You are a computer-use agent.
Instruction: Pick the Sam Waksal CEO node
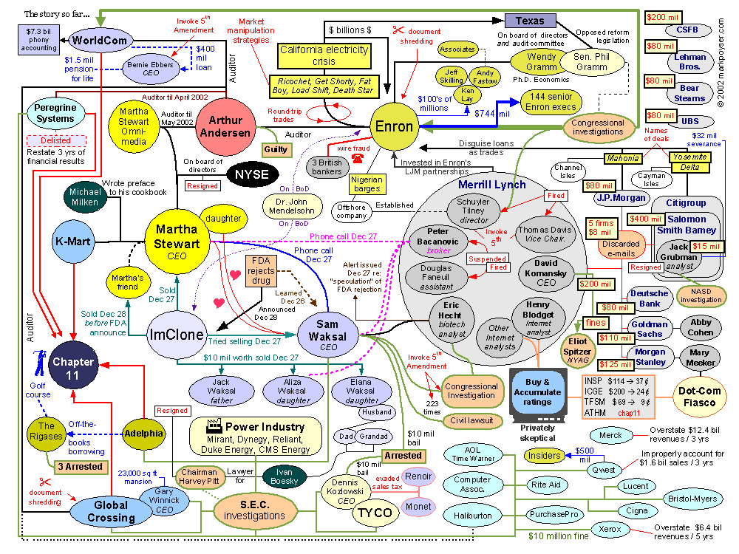point(328,334)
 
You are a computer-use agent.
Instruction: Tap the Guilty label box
point(276,149)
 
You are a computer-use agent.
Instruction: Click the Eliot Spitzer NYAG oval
point(579,347)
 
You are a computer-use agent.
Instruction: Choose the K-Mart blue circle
point(72,242)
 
